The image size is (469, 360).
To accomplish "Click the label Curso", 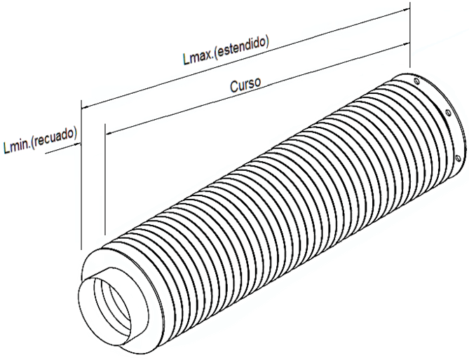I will pos(245,83).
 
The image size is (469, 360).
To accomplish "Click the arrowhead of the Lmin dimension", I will pos(78,143).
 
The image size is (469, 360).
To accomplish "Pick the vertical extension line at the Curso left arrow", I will pos(104,182).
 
